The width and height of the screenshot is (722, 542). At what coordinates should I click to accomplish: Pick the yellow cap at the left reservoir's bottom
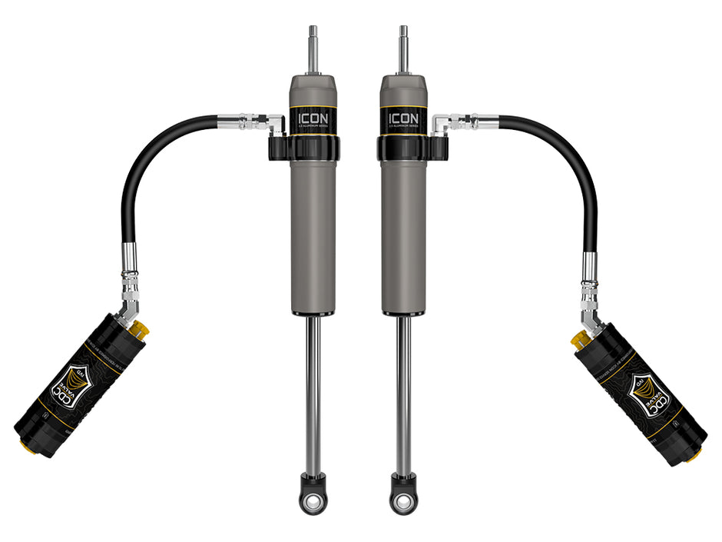22,445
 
